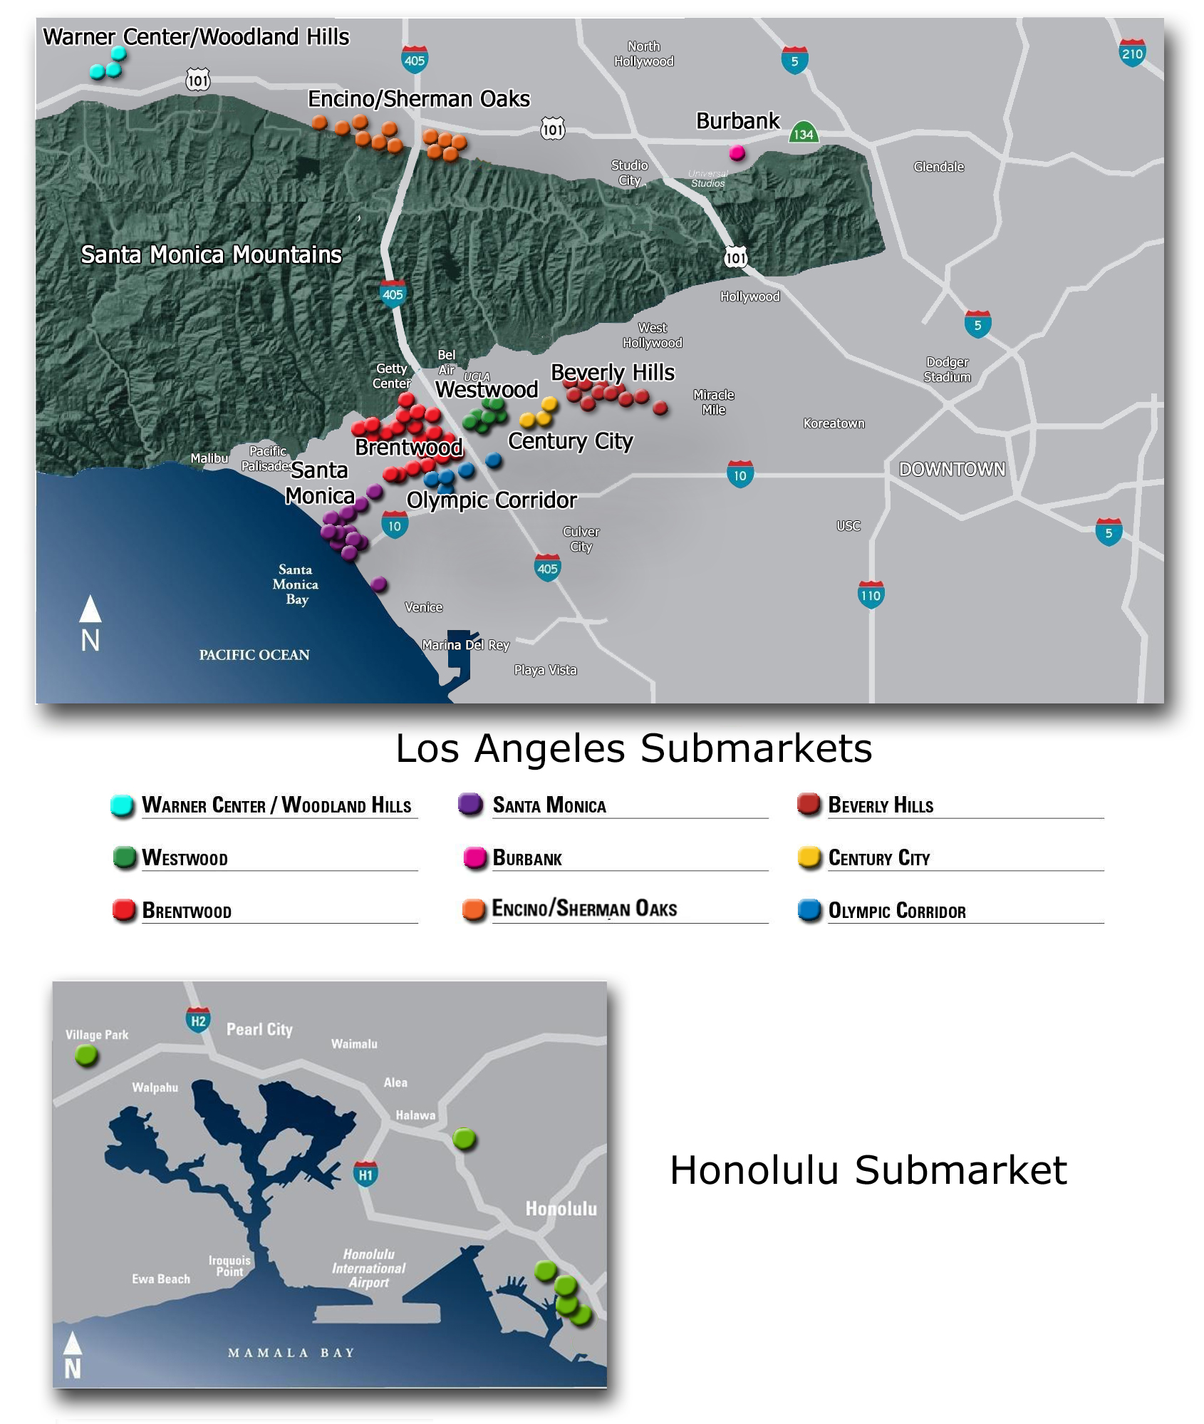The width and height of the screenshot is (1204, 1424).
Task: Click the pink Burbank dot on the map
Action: pyautogui.click(x=737, y=153)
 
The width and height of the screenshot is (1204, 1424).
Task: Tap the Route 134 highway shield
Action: pyautogui.click(x=803, y=133)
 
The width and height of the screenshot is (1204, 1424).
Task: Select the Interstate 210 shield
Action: pyautogui.click(x=1132, y=53)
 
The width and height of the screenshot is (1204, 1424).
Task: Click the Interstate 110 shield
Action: pyautogui.click(x=871, y=595)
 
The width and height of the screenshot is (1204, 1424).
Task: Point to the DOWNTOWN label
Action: pyautogui.click(x=952, y=469)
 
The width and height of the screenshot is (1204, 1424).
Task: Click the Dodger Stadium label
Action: pyautogui.click(x=947, y=369)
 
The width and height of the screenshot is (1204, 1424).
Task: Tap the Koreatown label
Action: pyautogui.click(x=834, y=423)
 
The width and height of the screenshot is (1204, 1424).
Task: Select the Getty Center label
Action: pyautogui.click(x=391, y=376)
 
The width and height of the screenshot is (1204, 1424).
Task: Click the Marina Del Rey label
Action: pyautogui.click(x=465, y=645)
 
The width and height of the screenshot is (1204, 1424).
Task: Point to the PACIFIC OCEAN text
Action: pyautogui.click(x=254, y=655)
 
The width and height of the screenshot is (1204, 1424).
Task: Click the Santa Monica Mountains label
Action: pyautogui.click(x=211, y=254)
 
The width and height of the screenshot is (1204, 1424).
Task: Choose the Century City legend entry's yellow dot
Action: pyautogui.click(x=809, y=857)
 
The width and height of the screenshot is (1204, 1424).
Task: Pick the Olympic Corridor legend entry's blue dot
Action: pyautogui.click(x=809, y=910)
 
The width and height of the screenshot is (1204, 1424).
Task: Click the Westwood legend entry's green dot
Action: pyautogui.click(x=125, y=857)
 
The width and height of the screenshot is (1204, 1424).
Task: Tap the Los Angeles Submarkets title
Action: pyautogui.click(x=633, y=748)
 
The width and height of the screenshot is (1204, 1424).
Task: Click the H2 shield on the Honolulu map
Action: pyautogui.click(x=198, y=1021)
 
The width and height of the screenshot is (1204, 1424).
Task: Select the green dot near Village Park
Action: pyautogui.click(x=86, y=1055)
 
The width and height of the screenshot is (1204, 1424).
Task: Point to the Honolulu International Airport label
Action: pyautogui.click(x=368, y=1268)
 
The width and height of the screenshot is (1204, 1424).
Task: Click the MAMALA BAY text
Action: pyautogui.click(x=291, y=1353)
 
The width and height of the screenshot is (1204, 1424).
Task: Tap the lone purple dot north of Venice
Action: pyautogui.click(x=379, y=584)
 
